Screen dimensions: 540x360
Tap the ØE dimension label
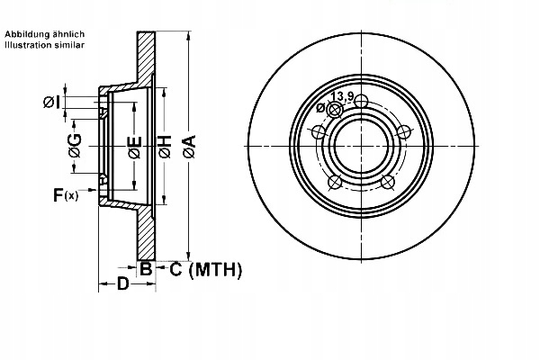[x=133, y=147]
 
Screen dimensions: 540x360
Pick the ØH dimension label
[x=165, y=146]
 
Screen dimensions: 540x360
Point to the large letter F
[x=58, y=194]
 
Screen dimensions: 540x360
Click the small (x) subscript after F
[x=73, y=196]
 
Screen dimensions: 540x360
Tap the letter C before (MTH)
[x=176, y=268]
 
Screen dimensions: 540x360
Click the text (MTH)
[x=220, y=268]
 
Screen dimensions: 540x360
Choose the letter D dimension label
[x=123, y=286]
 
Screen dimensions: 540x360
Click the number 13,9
[x=342, y=96]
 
